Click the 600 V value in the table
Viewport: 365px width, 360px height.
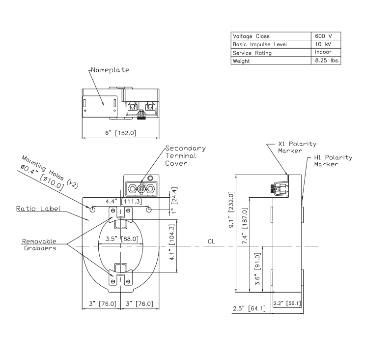[x=325, y=36]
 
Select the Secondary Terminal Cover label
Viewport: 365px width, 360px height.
[x=185, y=156]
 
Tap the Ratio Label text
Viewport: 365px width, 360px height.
[x=38, y=209]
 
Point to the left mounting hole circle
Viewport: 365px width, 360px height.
[x=92, y=210]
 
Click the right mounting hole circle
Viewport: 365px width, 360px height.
[x=153, y=210]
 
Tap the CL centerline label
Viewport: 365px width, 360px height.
[x=212, y=242]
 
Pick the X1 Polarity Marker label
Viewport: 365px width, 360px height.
[x=297, y=148]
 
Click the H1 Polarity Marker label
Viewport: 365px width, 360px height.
[x=333, y=161]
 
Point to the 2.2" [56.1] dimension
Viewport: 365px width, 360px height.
[x=286, y=303]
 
